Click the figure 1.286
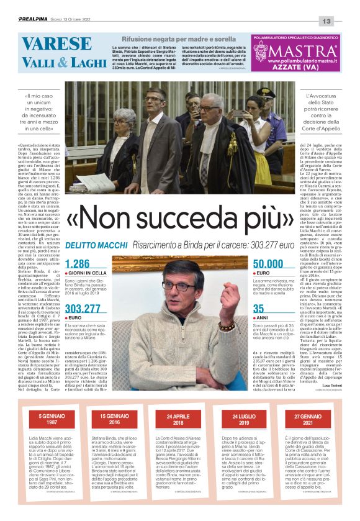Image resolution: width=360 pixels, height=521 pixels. pos(78,264)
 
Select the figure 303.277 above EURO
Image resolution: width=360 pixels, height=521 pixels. pos(83,308)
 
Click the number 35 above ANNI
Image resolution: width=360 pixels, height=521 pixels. pos(259,308)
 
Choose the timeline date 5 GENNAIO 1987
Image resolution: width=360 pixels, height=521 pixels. pos(50,419)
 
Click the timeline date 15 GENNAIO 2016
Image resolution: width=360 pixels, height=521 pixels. pos(114,419)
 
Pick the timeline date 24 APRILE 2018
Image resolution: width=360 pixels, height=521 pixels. pos(179,419)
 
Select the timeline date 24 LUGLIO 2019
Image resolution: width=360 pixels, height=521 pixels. pos(243,419)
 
